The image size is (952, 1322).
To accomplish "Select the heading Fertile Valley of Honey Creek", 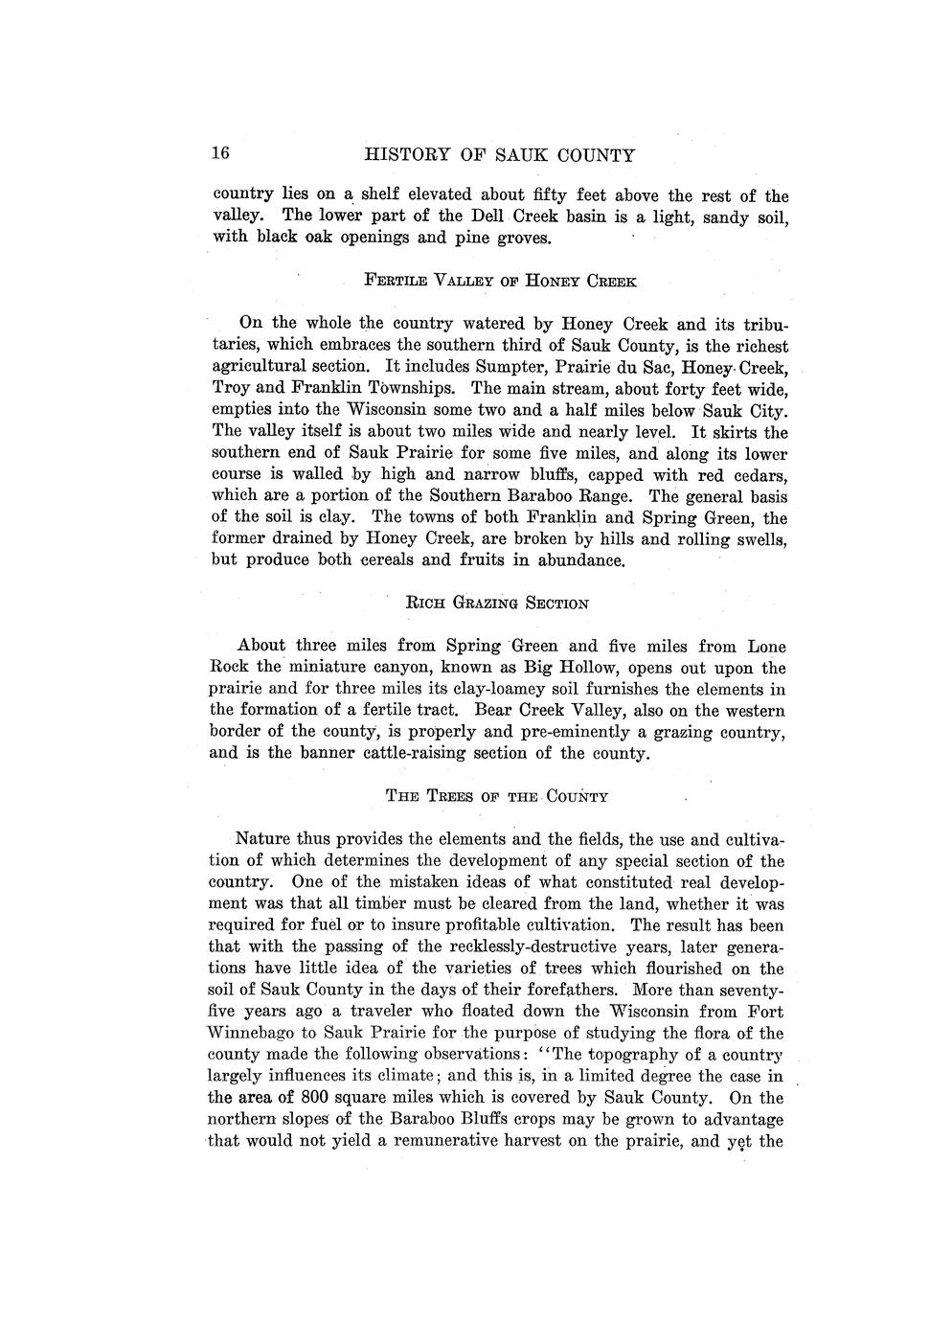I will point(500,282).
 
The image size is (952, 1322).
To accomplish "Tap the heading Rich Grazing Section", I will point(497,604).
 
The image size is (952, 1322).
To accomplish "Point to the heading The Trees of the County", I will point(497,796).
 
